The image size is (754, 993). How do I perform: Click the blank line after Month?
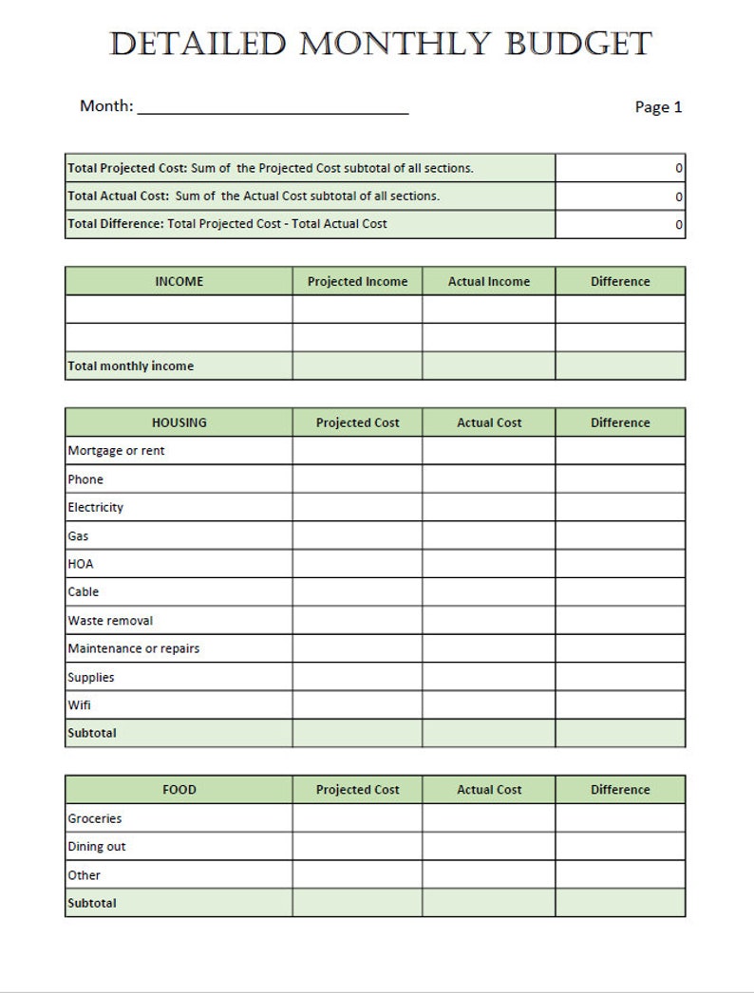pyautogui.click(x=273, y=107)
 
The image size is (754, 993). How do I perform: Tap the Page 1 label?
pyautogui.click(x=658, y=107)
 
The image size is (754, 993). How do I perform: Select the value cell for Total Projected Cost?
pyautogui.click(x=620, y=168)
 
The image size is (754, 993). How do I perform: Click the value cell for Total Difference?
pyautogui.click(x=620, y=224)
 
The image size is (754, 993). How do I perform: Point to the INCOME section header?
pyautogui.click(x=179, y=281)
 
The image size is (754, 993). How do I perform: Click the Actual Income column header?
pyautogui.click(x=489, y=281)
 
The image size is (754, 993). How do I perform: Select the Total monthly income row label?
pyautogui.click(x=130, y=366)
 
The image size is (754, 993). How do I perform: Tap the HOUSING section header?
pyautogui.click(x=179, y=422)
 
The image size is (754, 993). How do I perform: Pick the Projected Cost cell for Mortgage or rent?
pyautogui.click(x=357, y=451)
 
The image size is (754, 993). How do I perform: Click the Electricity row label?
pyautogui.click(x=95, y=507)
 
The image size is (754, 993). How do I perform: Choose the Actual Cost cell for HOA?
pyautogui.click(x=489, y=564)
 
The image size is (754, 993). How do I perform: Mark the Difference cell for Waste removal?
pyautogui.click(x=620, y=620)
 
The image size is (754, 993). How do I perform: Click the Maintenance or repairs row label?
pyautogui.click(x=133, y=648)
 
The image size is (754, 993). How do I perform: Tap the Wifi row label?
pyautogui.click(x=79, y=705)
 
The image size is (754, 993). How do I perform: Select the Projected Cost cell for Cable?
pyautogui.click(x=357, y=591)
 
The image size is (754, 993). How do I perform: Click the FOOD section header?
pyautogui.click(x=179, y=790)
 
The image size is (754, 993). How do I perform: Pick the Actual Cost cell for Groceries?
pyautogui.click(x=489, y=818)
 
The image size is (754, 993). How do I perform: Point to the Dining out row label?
pyautogui.click(x=96, y=847)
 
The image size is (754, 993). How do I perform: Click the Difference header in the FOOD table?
pyautogui.click(x=620, y=790)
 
